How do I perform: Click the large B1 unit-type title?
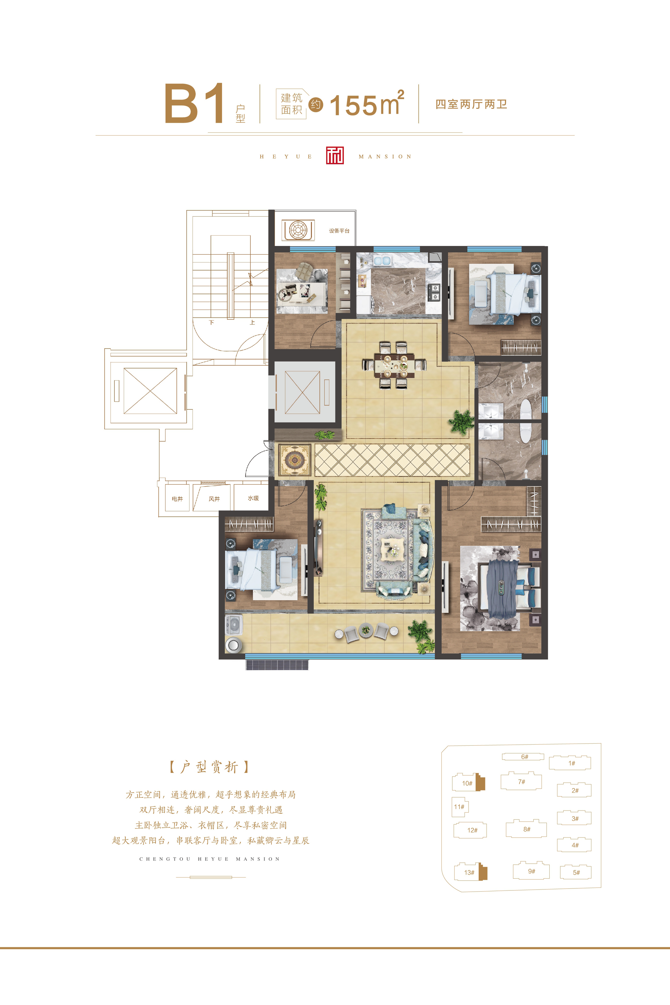click(x=194, y=103)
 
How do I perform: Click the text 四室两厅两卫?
click(x=471, y=104)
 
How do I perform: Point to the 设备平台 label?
click(x=339, y=231)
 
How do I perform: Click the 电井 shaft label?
click(x=177, y=499)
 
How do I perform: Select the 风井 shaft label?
click(x=214, y=499)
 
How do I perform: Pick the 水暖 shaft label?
click(x=253, y=498)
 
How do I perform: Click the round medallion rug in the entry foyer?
click(x=294, y=460)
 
